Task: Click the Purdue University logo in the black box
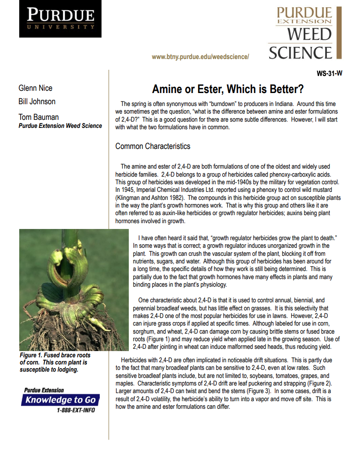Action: (x=60, y=19)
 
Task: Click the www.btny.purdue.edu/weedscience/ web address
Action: (x=200, y=57)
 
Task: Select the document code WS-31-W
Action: (x=329, y=74)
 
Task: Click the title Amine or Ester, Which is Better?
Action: (x=228, y=89)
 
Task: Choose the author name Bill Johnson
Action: (x=37, y=102)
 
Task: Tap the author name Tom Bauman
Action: (x=38, y=117)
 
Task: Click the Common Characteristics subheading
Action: (x=152, y=146)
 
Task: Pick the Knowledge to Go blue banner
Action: (x=60, y=400)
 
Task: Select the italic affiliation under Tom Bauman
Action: (x=60, y=126)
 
